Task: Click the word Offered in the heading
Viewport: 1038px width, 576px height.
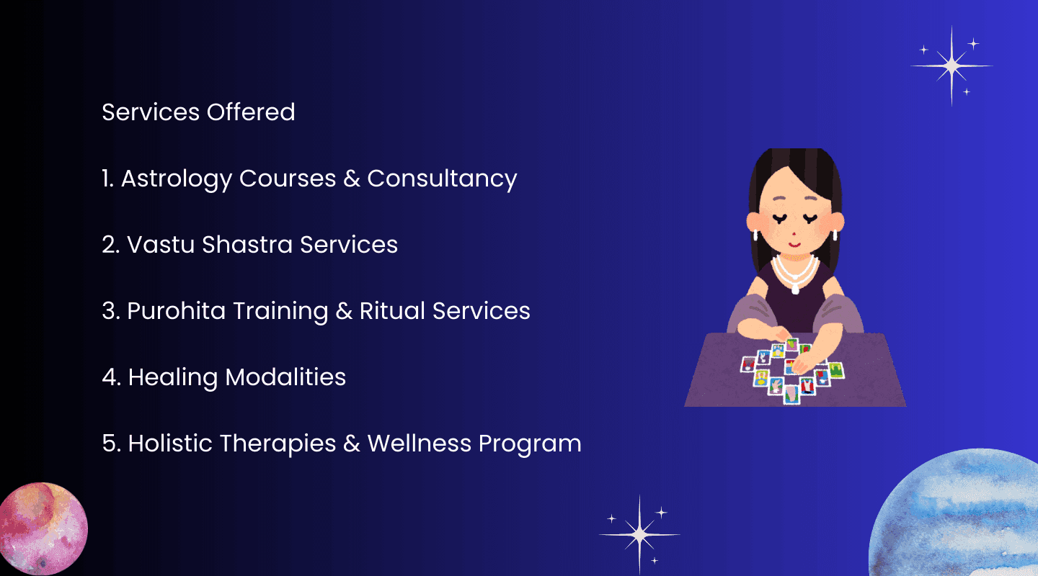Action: [x=251, y=112]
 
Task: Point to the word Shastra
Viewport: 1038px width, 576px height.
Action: [x=247, y=244]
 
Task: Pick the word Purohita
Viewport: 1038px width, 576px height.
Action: [x=176, y=310]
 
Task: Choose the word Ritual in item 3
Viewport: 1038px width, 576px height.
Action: [x=392, y=310]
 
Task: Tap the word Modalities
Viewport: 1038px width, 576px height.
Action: [x=285, y=377]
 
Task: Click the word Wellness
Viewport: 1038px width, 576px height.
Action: [x=419, y=443]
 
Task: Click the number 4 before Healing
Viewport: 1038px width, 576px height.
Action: [x=111, y=377]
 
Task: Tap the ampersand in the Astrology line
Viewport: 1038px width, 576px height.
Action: [x=352, y=179]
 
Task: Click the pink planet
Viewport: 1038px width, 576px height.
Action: [x=43, y=528]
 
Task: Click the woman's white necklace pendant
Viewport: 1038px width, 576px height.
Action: [x=795, y=289]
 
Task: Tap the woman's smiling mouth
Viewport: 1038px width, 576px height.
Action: [x=794, y=244]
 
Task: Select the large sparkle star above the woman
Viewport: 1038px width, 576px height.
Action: [x=951, y=66]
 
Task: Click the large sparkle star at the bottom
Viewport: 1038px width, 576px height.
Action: [x=639, y=534]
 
